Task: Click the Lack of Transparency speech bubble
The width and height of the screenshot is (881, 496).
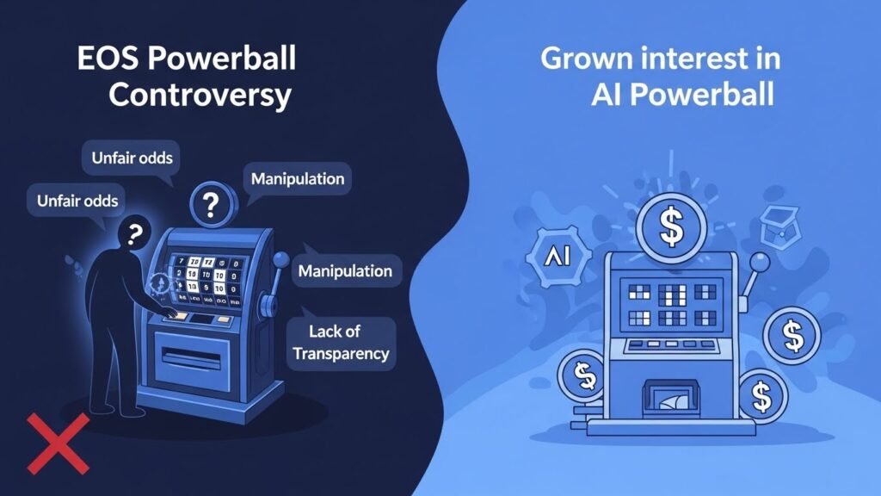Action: [341, 342]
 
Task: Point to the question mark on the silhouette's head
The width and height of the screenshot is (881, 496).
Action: [133, 233]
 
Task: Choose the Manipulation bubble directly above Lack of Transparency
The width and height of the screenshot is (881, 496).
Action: [345, 271]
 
